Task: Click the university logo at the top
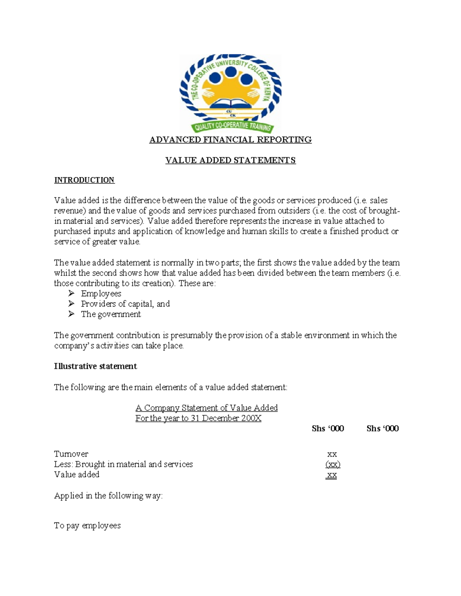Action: [230, 94]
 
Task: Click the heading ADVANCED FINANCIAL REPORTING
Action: [230, 140]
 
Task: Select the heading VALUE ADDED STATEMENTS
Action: [230, 160]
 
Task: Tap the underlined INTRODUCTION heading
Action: [84, 180]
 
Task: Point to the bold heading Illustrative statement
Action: [95, 367]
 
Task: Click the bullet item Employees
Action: [101, 294]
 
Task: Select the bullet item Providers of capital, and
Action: [125, 304]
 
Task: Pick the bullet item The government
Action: [111, 314]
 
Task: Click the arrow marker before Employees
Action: [71, 294]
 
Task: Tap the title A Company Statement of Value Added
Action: [206, 408]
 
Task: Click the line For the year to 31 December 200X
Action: [198, 418]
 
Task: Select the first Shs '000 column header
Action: [328, 429]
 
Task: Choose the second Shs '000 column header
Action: [382, 429]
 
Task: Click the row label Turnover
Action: [71, 454]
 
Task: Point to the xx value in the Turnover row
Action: [332, 454]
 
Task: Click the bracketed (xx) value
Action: [333, 464]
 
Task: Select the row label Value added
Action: [76, 475]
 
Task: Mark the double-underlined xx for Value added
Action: [332, 475]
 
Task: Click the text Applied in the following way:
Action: [108, 496]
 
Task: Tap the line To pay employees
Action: [87, 526]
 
